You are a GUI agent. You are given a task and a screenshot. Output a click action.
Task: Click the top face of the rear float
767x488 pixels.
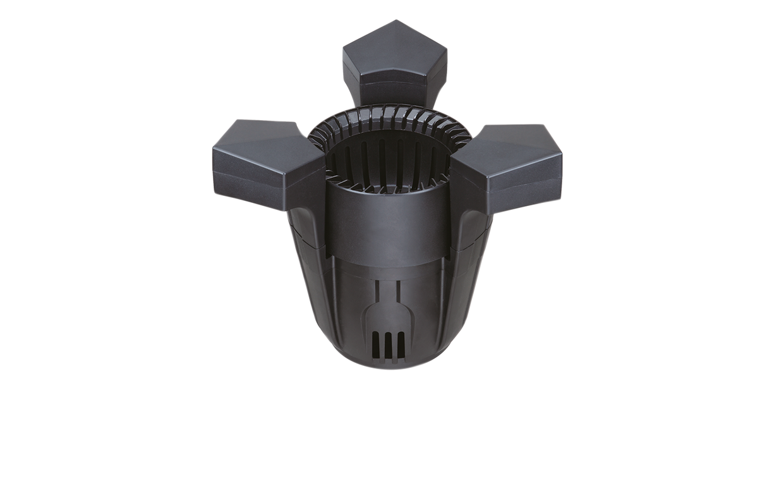point(395,47)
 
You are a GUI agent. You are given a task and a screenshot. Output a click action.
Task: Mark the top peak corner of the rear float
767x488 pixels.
point(396,21)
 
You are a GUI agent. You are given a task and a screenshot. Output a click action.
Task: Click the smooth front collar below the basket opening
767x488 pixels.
point(389,221)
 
